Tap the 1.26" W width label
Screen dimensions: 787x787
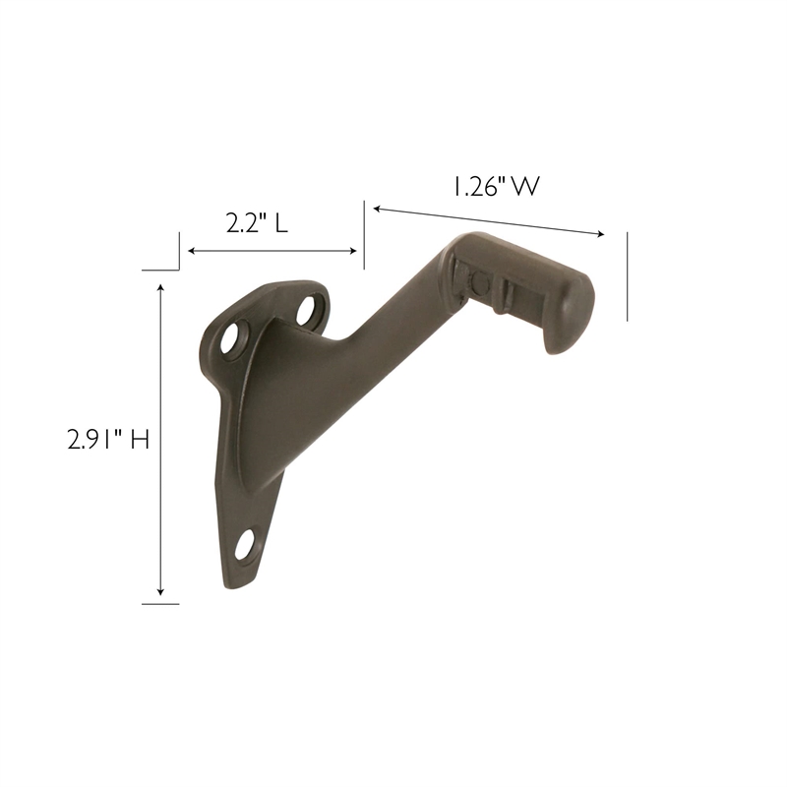click(x=497, y=186)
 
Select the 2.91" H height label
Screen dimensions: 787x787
click(x=108, y=440)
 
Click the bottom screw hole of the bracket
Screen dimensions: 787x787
click(x=244, y=542)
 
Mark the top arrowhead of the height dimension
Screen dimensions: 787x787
click(x=160, y=286)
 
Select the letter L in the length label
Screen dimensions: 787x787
click(x=281, y=223)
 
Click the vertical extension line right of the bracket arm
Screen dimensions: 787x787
click(x=627, y=276)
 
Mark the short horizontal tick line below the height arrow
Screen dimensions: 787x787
click(x=160, y=603)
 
